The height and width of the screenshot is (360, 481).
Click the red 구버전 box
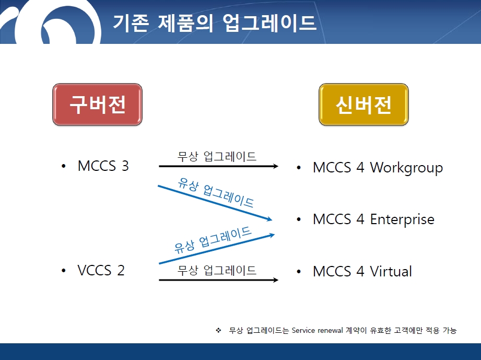tap(97, 104)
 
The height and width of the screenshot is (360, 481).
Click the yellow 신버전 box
tap(363, 104)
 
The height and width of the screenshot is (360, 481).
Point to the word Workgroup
tap(406, 168)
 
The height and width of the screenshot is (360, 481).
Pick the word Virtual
tap(391, 271)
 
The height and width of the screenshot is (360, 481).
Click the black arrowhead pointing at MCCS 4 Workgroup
tap(275, 166)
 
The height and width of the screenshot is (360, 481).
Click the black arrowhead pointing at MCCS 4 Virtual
tap(275, 280)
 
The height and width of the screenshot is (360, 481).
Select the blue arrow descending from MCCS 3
tap(215, 203)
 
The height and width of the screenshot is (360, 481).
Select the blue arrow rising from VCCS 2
tap(217, 249)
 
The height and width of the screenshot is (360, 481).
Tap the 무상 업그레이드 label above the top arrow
tap(217, 156)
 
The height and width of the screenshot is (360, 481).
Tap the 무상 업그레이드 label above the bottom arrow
tap(217, 270)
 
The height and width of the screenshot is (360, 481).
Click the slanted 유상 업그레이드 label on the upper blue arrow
tap(216, 192)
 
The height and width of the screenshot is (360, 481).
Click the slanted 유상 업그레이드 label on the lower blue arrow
tap(213, 240)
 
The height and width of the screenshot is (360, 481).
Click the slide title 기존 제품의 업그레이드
tap(215, 22)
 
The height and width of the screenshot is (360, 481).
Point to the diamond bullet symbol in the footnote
tap(218, 330)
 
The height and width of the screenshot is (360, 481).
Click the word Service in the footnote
tap(303, 330)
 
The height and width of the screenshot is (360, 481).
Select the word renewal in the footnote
tap(331, 330)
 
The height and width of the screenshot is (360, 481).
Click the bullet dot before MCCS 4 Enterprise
tap(299, 219)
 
